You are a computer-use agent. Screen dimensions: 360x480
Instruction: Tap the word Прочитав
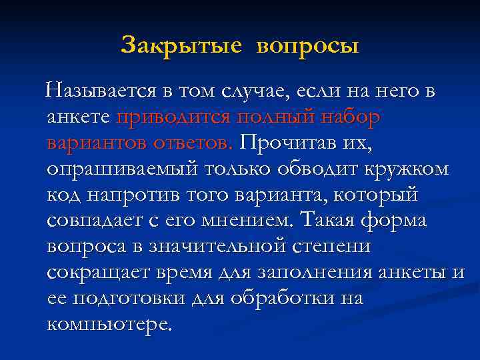[293, 143]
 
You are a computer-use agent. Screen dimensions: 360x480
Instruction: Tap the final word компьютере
[109, 325]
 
